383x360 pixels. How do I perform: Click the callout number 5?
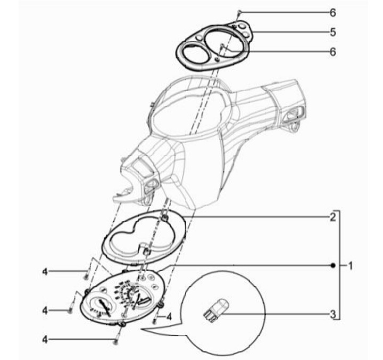tap(332, 32)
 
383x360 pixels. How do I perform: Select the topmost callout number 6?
tap(332, 12)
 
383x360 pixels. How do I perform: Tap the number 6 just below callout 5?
tap(332, 52)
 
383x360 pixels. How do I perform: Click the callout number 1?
tap(350, 265)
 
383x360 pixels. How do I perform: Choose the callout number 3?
tap(332, 315)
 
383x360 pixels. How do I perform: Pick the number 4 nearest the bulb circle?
tap(169, 316)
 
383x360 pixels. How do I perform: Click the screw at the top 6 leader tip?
tap(240, 12)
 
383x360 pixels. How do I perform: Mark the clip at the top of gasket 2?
tap(166, 216)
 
